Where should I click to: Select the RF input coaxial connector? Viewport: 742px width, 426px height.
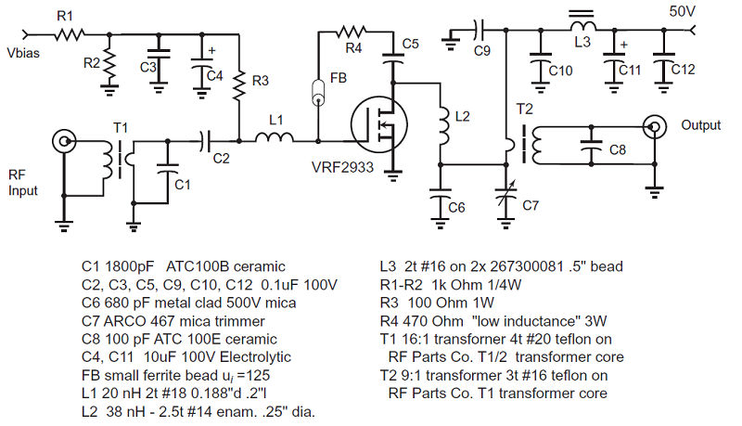(x=66, y=142)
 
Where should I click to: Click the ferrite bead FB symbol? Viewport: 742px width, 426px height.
(x=318, y=93)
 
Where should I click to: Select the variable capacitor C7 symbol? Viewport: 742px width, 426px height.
(x=505, y=197)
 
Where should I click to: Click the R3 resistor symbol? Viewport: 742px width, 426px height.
(x=239, y=86)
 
